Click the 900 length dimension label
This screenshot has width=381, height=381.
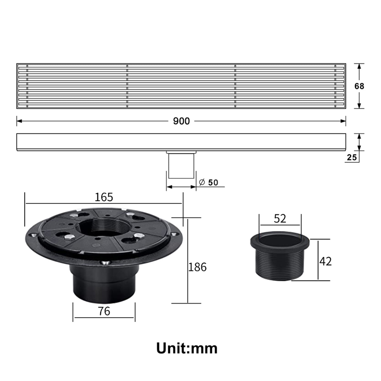tap(181, 121)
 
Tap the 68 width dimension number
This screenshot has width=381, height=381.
tap(359, 86)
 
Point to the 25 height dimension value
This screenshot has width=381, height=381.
tap(352, 157)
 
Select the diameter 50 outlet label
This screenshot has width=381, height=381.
tap(209, 182)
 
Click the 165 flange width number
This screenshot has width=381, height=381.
tap(104, 197)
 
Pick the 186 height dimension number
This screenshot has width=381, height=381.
tap(197, 267)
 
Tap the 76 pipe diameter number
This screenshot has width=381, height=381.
tap(104, 311)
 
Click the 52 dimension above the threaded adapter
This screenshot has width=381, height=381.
tap(280, 218)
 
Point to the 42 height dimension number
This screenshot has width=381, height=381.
tap(325, 261)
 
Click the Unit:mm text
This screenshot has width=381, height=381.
tap(187, 348)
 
